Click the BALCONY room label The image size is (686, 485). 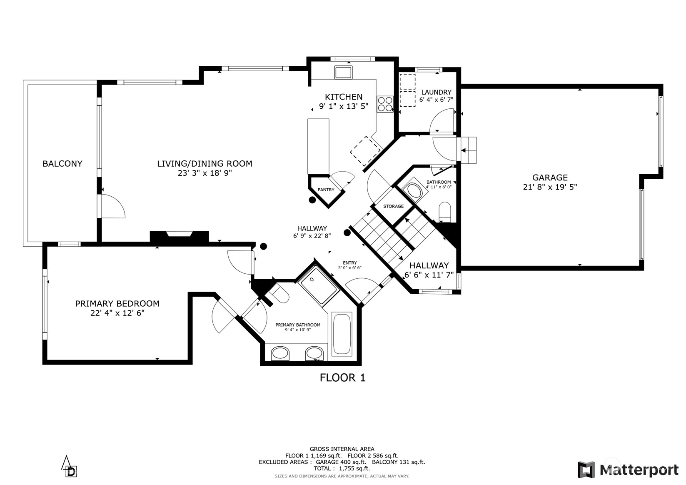62,164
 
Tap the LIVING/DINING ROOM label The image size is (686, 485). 205,164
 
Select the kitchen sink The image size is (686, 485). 343,72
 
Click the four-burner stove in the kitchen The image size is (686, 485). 385,104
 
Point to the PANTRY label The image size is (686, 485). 326,190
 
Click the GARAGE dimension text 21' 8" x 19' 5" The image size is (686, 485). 550,187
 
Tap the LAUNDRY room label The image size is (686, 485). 436,92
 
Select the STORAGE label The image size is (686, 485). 393,206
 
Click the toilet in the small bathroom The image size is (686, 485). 445,212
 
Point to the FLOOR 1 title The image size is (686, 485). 342,378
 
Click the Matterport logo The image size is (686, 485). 628,470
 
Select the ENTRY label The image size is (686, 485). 350,263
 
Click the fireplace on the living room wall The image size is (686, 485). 179,237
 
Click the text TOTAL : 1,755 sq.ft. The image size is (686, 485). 342,468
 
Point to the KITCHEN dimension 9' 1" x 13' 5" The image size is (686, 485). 344,106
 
